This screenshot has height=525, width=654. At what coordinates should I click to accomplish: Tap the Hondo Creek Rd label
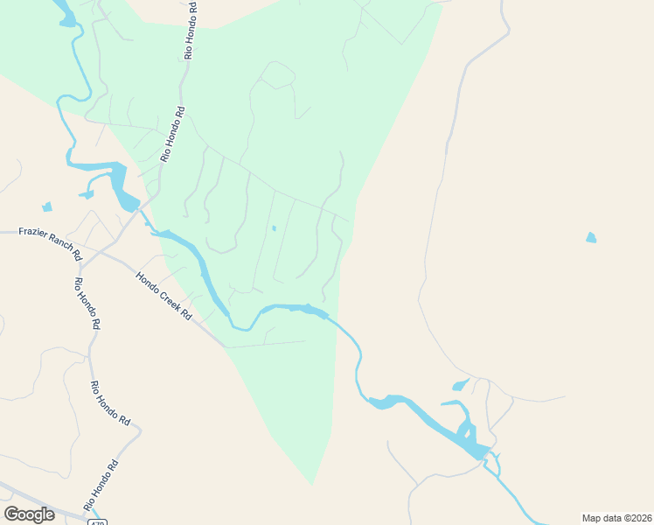coord(163,296)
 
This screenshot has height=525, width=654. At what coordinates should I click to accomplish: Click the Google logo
coord(29,514)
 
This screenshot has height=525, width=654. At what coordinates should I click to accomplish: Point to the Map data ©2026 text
coord(616,517)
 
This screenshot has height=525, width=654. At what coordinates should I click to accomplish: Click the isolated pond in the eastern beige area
coord(592,237)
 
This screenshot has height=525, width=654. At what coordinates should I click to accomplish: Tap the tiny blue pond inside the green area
coord(274,228)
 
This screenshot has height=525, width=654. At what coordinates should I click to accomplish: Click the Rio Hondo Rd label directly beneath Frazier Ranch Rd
coord(87,303)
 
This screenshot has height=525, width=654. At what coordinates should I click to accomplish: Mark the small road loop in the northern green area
coord(278,75)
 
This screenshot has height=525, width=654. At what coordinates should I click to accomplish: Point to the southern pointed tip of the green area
coord(312,482)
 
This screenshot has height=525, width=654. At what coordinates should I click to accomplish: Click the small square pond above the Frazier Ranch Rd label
coord(46,207)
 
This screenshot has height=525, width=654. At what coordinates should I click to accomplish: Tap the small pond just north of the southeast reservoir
coord(461,385)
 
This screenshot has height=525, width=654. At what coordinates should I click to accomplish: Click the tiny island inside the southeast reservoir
coord(466,430)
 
